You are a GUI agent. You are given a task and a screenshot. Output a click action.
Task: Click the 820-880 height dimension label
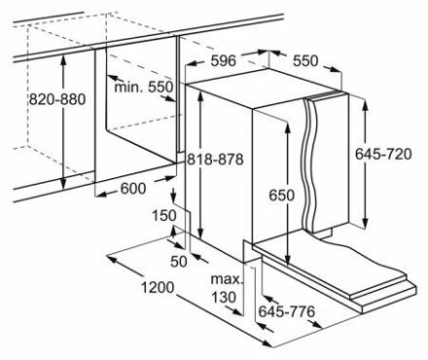pyautogui.click(x=57, y=99)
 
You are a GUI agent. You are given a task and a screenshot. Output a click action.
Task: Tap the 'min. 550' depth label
pyautogui.click(x=144, y=87)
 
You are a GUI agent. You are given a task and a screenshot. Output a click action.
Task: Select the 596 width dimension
pyautogui.click(x=224, y=60)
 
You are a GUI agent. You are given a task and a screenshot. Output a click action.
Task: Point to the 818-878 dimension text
pyautogui.click(x=215, y=160)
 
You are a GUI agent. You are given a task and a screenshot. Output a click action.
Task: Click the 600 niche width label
pyautogui.click(x=133, y=189)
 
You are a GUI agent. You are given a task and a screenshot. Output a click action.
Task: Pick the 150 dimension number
pyautogui.click(x=164, y=215)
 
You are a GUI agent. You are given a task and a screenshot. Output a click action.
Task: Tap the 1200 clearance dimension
pyautogui.click(x=158, y=287)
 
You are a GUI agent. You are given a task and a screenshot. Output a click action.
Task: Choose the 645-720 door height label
pyautogui.click(x=383, y=154)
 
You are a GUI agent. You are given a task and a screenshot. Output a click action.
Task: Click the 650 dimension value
pyautogui.click(x=282, y=196)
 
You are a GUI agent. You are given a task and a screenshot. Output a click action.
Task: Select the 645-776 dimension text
pyautogui.click(x=287, y=311)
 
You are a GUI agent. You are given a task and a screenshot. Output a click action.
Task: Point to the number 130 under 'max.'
pyautogui.click(x=224, y=297)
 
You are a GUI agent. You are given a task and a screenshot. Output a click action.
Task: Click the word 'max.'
pyautogui.click(x=227, y=279)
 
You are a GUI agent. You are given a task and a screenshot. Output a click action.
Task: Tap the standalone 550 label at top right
pyautogui.click(x=305, y=60)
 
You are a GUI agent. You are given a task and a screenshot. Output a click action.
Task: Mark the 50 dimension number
pyautogui.click(x=179, y=262)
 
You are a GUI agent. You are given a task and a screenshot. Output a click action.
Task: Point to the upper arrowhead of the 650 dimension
pyautogui.click(x=287, y=128)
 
